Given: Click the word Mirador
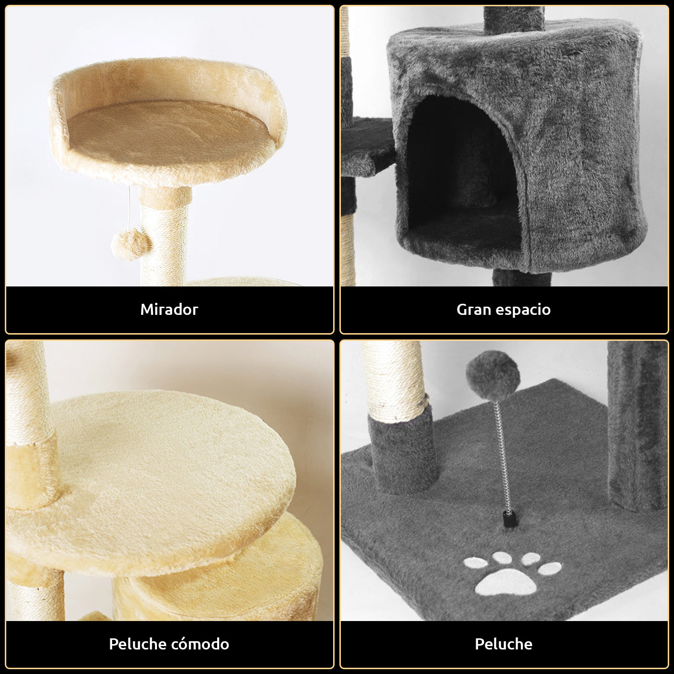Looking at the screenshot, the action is point(169,310).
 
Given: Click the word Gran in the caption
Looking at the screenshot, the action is point(474,310).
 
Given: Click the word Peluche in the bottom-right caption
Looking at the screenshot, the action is point(503,644).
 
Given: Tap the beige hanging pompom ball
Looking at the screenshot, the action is point(131,244).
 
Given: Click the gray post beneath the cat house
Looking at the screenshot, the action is point(522,278).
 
